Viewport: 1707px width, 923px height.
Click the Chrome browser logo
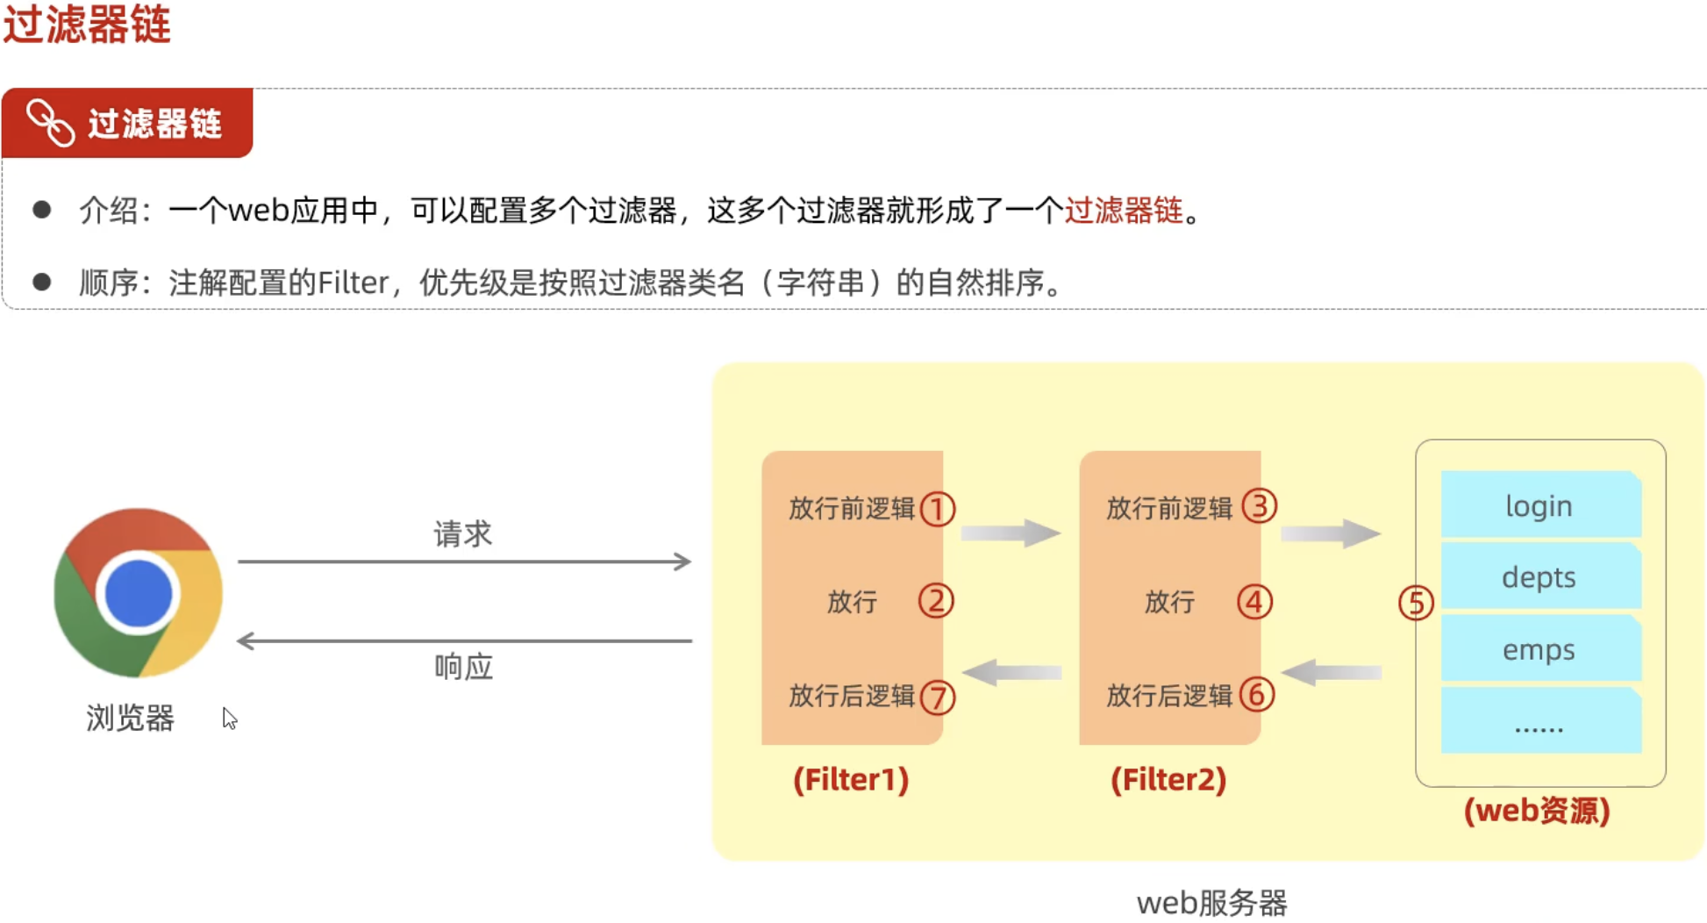(x=138, y=593)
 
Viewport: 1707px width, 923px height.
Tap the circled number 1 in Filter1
(x=937, y=509)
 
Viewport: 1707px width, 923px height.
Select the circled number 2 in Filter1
(x=936, y=601)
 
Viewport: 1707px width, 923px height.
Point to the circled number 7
(x=938, y=698)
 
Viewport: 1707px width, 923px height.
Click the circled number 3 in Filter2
(x=1260, y=506)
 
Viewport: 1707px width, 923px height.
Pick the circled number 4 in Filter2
(x=1254, y=602)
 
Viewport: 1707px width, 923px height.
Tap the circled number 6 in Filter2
(x=1256, y=695)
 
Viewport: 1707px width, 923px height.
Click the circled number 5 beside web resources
(x=1416, y=603)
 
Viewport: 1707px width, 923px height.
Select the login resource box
(x=1540, y=505)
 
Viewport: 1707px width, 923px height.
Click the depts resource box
(x=1540, y=577)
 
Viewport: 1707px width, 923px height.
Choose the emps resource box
(x=1540, y=650)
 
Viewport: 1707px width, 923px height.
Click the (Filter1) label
(x=851, y=779)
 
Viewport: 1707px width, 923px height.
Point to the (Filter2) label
(x=1168, y=779)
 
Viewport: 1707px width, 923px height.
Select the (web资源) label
(x=1537, y=810)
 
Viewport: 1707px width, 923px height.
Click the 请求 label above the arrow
(x=463, y=533)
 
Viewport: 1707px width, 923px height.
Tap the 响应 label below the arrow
(x=463, y=667)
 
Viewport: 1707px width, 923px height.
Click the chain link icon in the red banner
(x=50, y=123)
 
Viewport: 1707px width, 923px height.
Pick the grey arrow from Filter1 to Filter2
(x=1011, y=532)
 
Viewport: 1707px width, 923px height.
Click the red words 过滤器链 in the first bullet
(x=1124, y=211)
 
